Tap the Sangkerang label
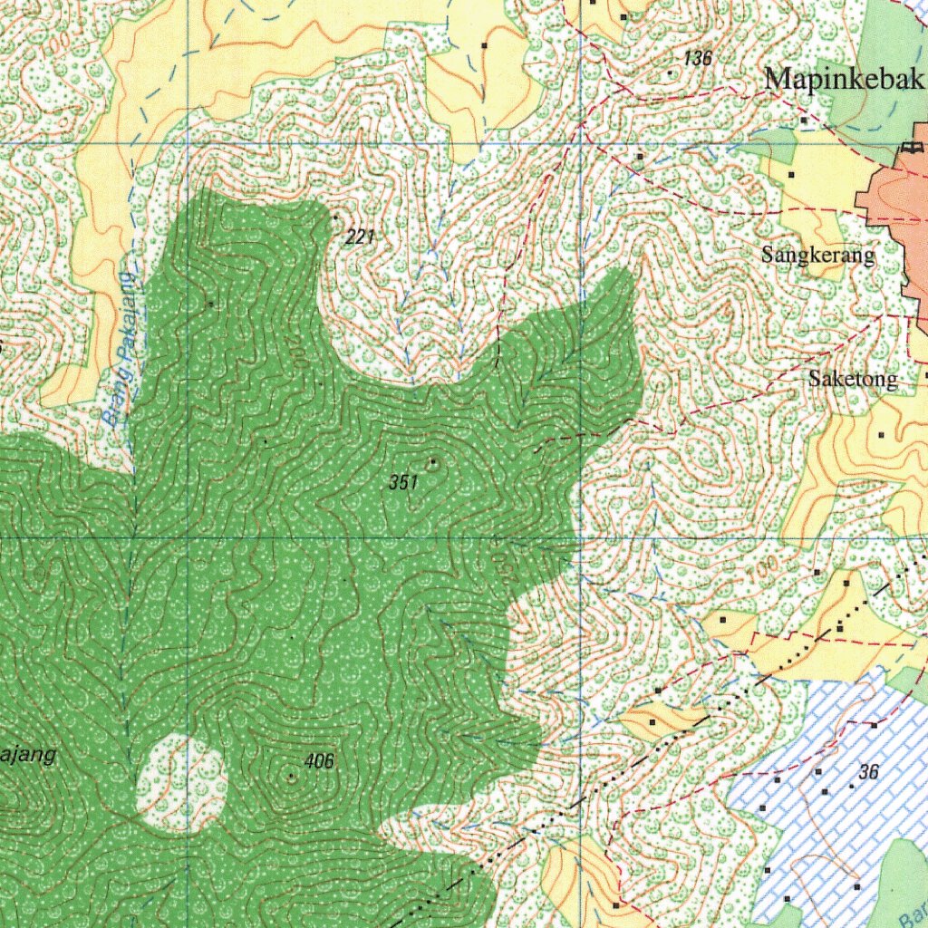tap(818, 255)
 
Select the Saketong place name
tap(853, 380)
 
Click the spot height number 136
tap(699, 59)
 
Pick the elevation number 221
tap(360, 237)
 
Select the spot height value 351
tap(403, 483)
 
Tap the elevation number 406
tap(320, 761)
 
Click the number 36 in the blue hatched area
tap(869, 772)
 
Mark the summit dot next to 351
tap(433, 463)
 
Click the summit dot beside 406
tap(291, 777)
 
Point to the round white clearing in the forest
tap(181, 784)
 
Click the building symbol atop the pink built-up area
tap(913, 147)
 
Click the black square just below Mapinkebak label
tap(803, 120)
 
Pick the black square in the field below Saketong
tap(881, 436)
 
